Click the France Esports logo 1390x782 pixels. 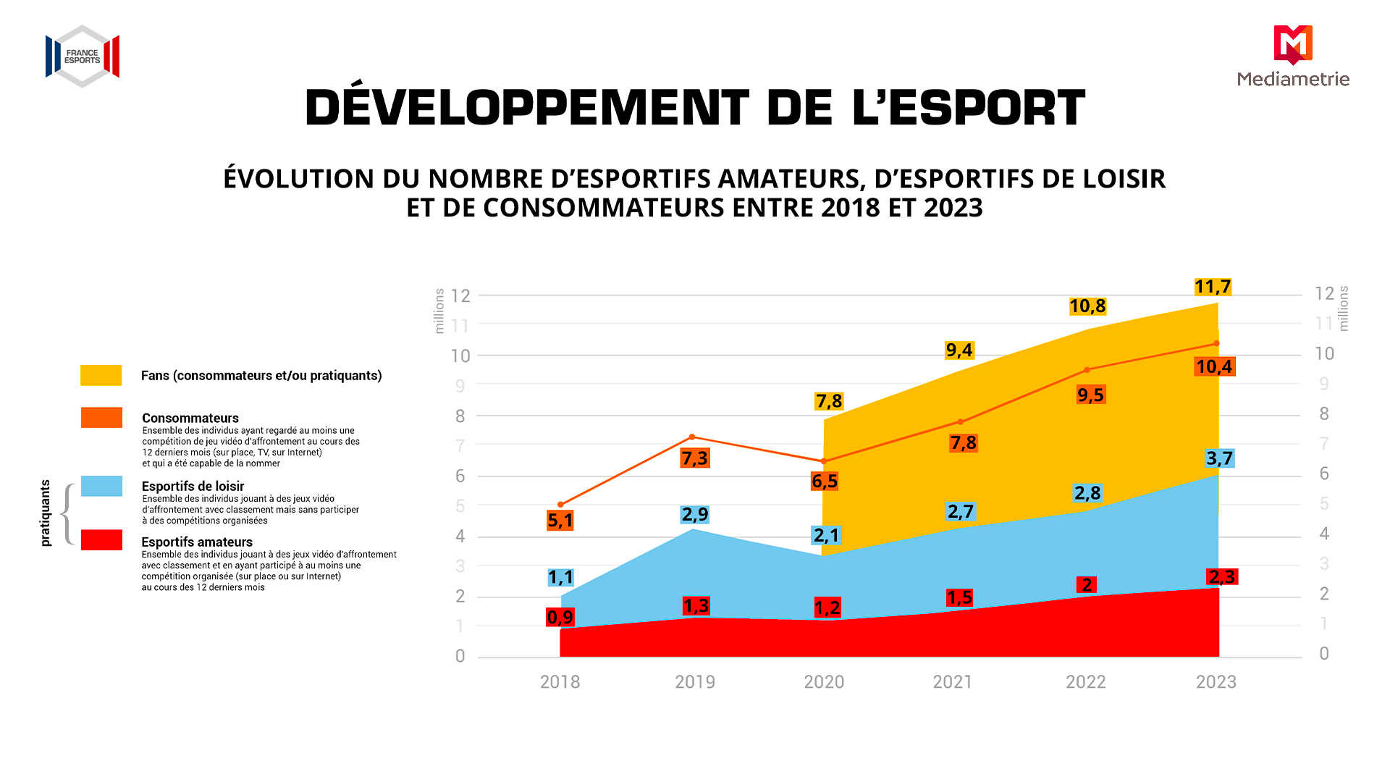click(83, 56)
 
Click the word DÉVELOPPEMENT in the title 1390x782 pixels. click(527, 107)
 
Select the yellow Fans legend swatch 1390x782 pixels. click(101, 375)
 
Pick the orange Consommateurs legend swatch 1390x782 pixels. click(101, 418)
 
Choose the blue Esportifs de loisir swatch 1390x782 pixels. click(101, 486)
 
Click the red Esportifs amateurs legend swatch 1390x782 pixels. click(101, 540)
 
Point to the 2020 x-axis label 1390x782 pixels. click(824, 682)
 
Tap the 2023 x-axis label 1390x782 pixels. click(1216, 682)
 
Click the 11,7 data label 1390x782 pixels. click(1213, 287)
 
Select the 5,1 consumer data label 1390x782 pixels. click(560, 520)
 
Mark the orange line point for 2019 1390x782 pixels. click(692, 437)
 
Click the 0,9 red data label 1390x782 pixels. click(560, 617)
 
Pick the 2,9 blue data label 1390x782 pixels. click(695, 514)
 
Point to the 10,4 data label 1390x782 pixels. click(1215, 366)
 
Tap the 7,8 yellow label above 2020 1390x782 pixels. click(829, 401)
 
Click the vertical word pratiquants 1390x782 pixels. click(46, 513)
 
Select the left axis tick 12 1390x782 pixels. click(460, 295)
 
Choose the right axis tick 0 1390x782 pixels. click(1324, 654)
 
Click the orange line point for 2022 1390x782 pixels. click(1087, 370)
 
